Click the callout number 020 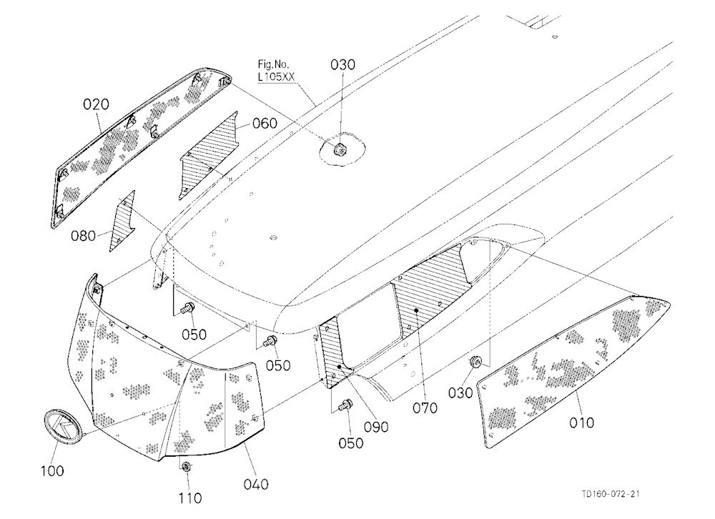tap(96, 104)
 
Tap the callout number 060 tap(265, 123)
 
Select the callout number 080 tap(83, 236)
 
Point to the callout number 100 tap(52, 470)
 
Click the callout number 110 tap(189, 498)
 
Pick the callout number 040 tap(256, 484)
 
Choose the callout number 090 tap(376, 427)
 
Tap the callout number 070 tap(425, 407)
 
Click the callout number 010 tap(582, 422)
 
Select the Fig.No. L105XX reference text tap(275, 71)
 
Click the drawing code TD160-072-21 tap(610, 494)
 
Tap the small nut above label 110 tap(186, 467)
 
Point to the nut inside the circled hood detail tap(340, 148)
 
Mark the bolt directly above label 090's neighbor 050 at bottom tap(346, 404)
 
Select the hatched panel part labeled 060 tap(209, 156)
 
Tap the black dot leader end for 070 tap(417, 310)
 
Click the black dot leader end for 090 tap(340, 367)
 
